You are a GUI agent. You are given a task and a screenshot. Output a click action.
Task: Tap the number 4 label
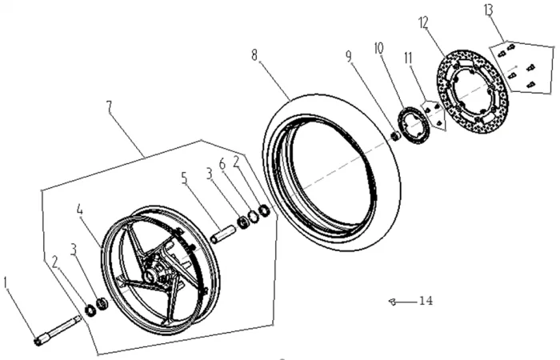(x=80, y=210)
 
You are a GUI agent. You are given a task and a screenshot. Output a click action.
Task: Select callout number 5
(x=184, y=178)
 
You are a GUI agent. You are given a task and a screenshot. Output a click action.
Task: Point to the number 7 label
(x=109, y=107)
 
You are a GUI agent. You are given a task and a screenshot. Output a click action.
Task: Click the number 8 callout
(x=254, y=55)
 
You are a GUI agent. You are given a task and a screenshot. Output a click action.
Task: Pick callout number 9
(x=349, y=56)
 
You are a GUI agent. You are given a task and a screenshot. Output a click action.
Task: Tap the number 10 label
(x=378, y=48)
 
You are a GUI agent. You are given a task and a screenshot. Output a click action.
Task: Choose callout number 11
(x=408, y=58)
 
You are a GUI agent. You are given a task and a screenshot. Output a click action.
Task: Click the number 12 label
(x=423, y=23)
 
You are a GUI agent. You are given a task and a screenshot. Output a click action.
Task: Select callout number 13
(x=488, y=10)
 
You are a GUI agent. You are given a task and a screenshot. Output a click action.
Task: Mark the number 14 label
(x=426, y=301)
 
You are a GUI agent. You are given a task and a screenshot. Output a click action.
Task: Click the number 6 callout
(x=222, y=165)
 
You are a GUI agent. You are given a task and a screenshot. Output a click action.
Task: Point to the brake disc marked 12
(x=473, y=91)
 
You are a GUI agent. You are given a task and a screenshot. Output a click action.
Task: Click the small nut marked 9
(x=395, y=136)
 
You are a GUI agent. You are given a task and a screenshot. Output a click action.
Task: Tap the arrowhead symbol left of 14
(x=392, y=302)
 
